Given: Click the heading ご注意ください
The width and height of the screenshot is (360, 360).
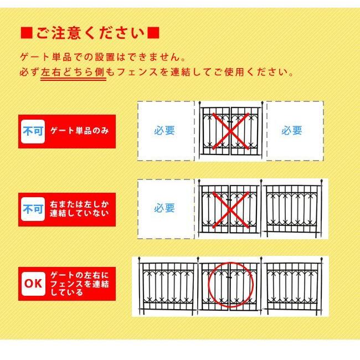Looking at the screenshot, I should (90, 32).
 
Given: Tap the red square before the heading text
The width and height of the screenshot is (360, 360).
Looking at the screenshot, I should (26, 32).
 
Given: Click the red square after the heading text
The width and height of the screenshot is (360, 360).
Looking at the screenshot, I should (154, 32).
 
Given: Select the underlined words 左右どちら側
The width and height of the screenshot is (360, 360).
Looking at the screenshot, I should (73, 73).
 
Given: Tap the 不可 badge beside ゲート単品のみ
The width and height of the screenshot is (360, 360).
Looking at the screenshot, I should (32, 131).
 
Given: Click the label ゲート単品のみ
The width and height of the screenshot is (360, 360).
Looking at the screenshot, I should (79, 131).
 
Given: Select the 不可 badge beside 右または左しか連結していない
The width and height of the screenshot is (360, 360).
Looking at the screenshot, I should (32, 209).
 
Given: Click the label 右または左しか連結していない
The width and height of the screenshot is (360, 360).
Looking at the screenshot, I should (79, 209).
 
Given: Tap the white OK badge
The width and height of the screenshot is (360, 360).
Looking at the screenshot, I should (32, 284).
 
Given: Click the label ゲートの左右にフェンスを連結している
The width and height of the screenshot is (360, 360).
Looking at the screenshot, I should (79, 284).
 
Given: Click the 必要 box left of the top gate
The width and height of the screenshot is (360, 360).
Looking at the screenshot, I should (164, 131).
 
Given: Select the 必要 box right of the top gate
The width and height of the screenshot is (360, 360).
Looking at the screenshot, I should (292, 131).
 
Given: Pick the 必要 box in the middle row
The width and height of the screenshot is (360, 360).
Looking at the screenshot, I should (164, 208).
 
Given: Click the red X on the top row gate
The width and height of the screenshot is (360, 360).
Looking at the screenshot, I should (229, 131).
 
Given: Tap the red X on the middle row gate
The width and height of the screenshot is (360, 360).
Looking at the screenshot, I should (229, 209).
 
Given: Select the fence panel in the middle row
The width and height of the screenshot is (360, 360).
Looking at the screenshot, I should (292, 209).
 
